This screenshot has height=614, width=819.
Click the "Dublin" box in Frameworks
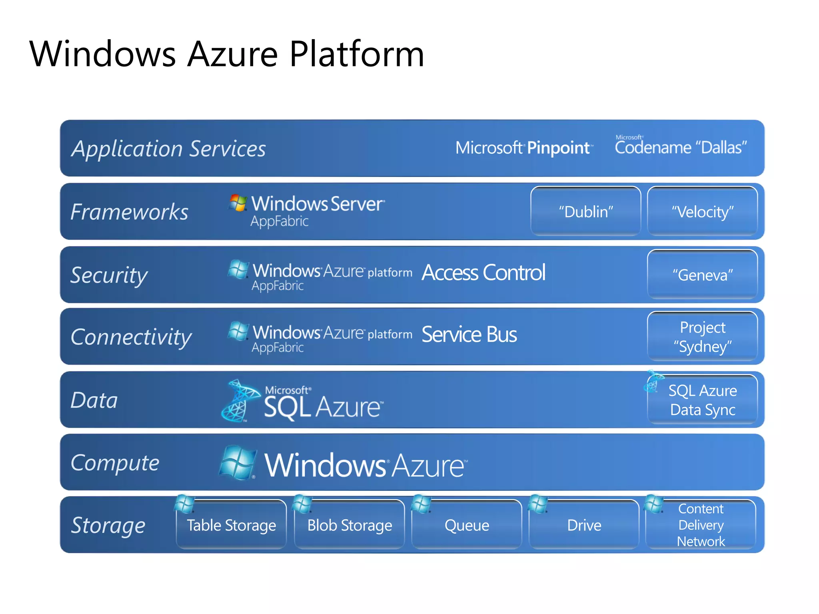585,211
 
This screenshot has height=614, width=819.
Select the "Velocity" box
702,211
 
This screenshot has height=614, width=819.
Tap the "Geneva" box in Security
702,275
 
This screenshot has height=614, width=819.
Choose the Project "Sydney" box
702,337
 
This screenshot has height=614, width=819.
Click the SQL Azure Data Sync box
702,400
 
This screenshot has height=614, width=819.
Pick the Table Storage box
231,525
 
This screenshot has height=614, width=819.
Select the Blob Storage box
350,525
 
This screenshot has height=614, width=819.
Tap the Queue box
467,525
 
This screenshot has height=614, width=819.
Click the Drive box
584,525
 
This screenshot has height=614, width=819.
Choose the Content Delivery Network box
701,525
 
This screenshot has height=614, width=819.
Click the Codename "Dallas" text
681,147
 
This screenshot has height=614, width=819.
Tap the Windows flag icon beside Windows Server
238,203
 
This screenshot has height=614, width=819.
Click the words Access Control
483,273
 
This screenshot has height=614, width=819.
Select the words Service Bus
469,335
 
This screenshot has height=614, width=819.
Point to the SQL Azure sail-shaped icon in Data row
239,400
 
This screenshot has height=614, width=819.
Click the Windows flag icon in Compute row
238,462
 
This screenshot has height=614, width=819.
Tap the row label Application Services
168,149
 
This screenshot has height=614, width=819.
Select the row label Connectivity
131,337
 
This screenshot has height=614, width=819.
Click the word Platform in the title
356,54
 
